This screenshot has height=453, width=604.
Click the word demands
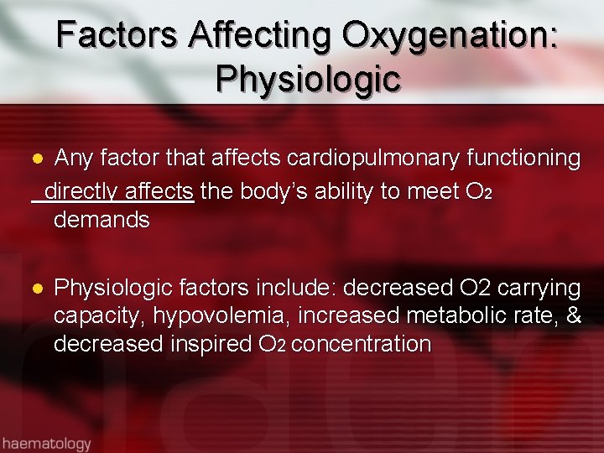[102, 221]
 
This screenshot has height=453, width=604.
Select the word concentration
[362, 344]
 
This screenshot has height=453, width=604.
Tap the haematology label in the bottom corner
[46, 442]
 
